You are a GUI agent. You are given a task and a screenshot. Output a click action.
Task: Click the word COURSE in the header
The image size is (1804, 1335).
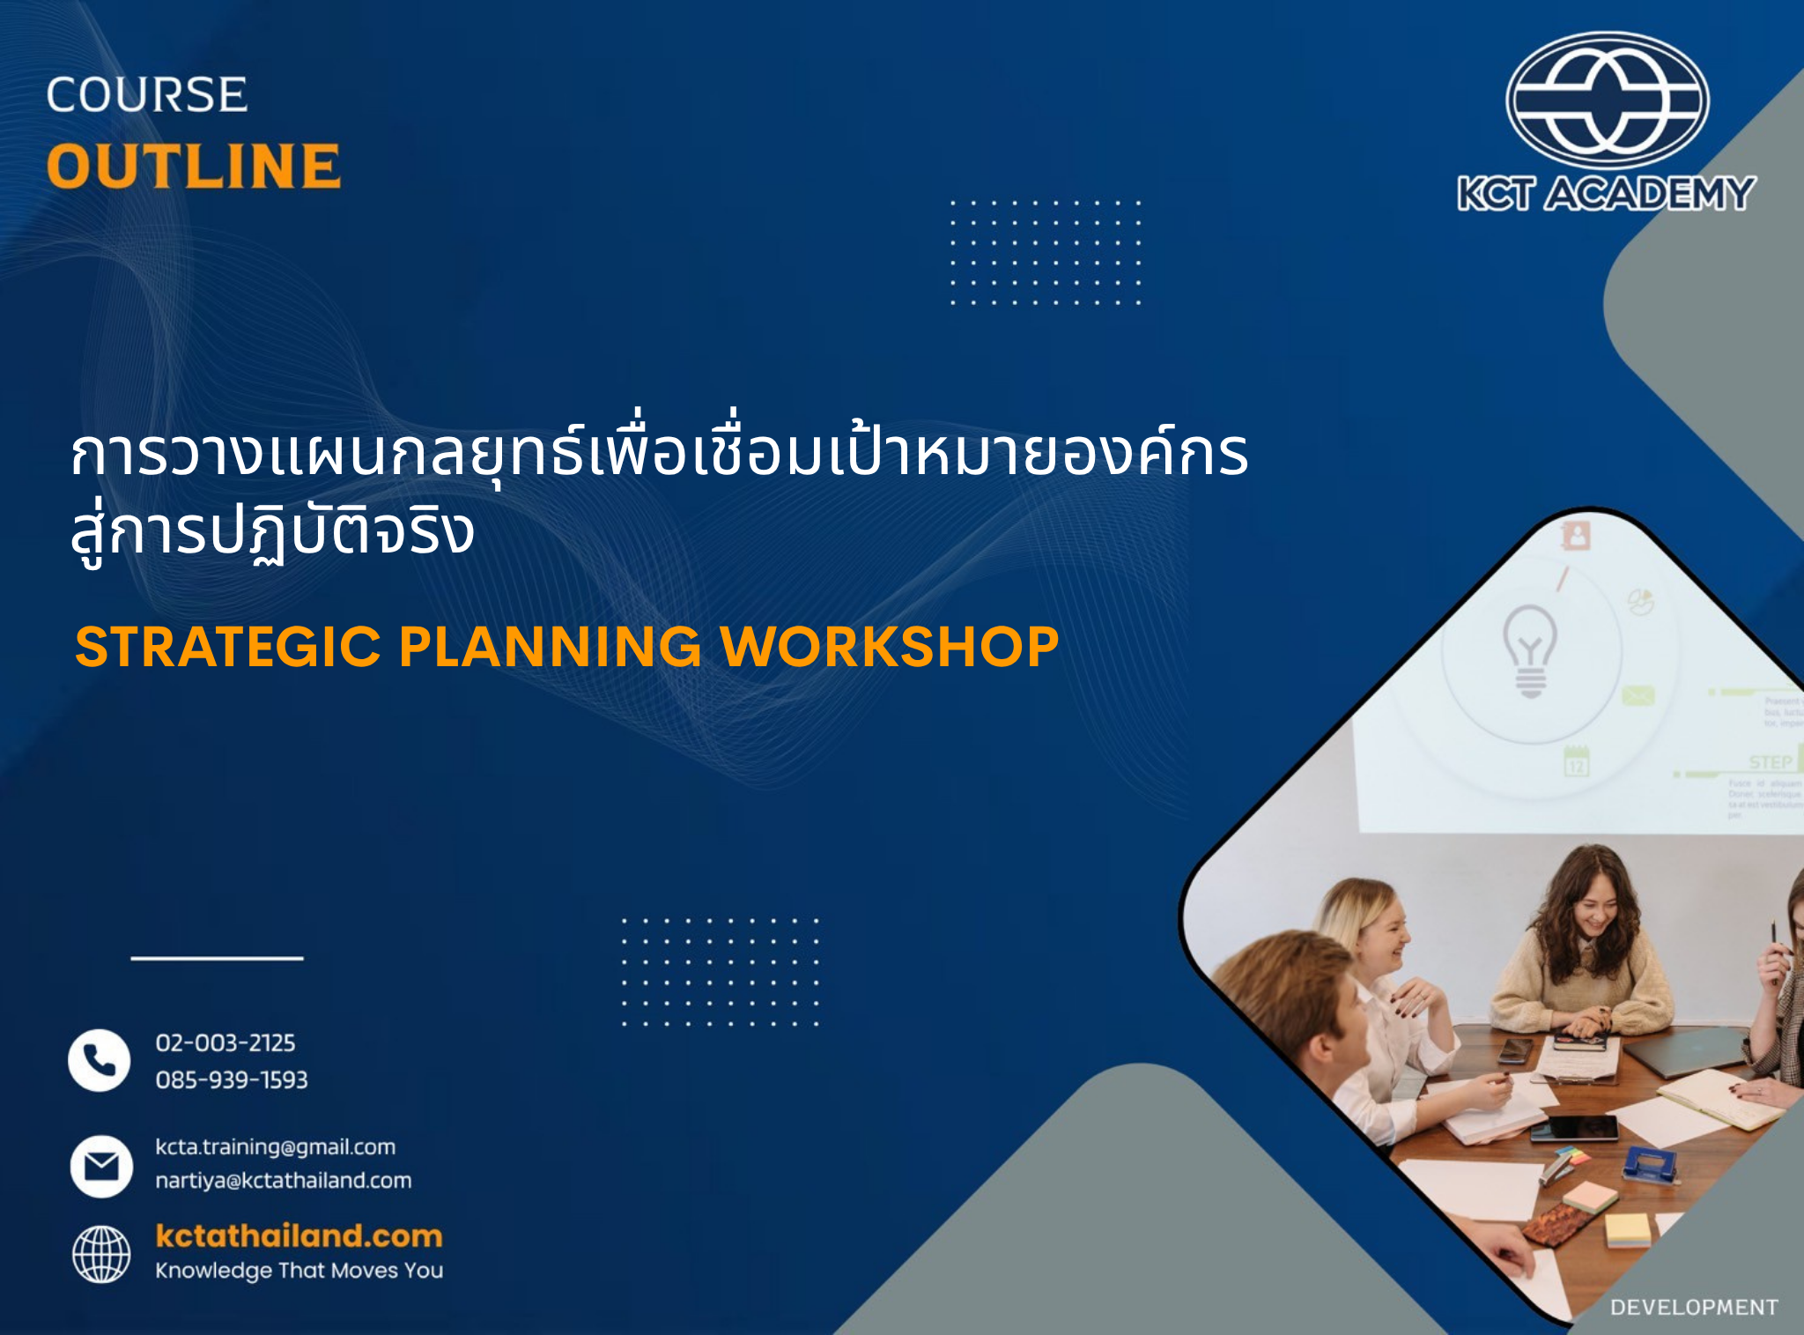146,95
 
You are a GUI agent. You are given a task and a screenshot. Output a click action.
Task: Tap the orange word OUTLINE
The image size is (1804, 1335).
193,167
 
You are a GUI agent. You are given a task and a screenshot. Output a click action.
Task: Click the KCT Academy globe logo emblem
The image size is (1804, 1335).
1607,100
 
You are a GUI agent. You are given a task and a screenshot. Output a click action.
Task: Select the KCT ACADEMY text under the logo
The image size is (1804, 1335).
1606,193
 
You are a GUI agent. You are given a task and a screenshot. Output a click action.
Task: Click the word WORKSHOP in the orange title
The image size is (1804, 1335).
890,647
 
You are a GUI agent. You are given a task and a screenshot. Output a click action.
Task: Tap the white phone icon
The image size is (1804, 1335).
100,1060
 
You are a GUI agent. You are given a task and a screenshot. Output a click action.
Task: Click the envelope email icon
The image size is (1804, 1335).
101,1166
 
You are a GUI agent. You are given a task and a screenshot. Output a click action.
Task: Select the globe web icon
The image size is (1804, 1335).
101,1254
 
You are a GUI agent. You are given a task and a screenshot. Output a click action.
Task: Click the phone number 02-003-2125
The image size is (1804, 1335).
225,1043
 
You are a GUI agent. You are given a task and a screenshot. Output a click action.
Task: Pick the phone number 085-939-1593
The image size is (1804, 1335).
232,1080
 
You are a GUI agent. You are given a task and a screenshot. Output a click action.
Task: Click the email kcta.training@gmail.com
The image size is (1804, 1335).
276,1147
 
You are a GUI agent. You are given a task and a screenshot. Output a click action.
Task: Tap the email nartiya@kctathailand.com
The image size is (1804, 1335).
284,1181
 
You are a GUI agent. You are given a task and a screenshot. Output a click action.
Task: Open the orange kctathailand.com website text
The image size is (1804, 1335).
299,1235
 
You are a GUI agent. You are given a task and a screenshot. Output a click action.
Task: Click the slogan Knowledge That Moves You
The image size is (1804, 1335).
299,1271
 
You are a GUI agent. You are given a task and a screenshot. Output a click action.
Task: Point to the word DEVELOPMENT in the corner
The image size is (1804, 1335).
1693,1308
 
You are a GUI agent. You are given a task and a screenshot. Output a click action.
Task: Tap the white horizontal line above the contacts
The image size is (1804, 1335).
217,958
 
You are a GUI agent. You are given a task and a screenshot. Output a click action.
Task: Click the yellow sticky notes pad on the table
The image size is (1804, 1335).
1627,1230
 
